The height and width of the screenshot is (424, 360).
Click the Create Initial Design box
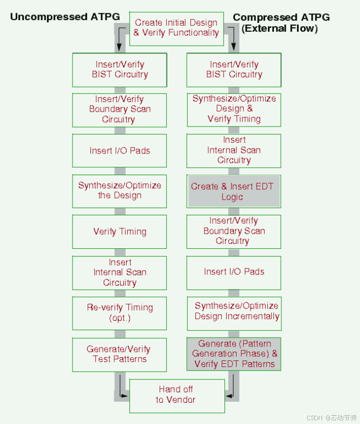[176, 28]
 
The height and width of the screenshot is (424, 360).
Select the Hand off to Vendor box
[176, 394]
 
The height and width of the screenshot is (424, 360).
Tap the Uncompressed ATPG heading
[65, 17]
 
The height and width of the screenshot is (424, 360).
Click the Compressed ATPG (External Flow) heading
[281, 22]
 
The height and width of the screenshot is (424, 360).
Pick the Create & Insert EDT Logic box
[233, 191]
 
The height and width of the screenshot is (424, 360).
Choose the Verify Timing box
[119, 232]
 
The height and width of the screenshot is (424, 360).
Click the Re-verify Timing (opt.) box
[119, 312]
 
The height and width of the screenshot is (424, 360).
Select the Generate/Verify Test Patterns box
[119, 354]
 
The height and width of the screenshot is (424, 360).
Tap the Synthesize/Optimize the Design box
[119, 191]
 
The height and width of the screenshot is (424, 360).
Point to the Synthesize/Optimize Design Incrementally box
[234, 311]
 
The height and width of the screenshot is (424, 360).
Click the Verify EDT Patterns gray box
[234, 354]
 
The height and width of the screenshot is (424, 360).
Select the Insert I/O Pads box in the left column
[119, 151]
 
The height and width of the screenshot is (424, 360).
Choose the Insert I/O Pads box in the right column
[234, 272]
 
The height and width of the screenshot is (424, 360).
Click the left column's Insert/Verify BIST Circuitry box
[119, 70]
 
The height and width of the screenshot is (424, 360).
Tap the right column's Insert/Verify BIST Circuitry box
[234, 70]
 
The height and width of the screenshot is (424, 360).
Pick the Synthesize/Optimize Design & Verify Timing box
[234, 109]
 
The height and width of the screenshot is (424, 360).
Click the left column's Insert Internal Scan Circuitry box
[119, 272]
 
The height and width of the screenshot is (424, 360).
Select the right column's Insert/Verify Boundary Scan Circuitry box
[234, 231]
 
